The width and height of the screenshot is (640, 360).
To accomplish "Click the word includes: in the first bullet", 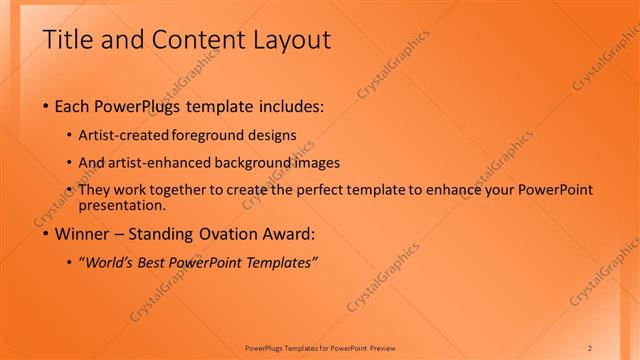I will click(289, 105).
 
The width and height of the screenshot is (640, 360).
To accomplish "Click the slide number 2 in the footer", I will click(590, 347).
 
